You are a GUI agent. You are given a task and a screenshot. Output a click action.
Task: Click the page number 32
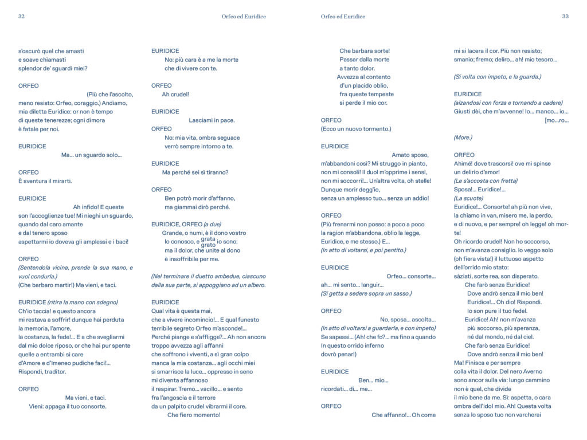tap(21, 17)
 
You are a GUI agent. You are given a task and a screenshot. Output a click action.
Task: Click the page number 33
tap(565, 17)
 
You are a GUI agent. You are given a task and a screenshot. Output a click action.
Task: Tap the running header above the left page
tap(244, 17)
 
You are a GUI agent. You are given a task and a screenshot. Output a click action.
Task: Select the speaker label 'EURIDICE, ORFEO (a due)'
tap(186, 224)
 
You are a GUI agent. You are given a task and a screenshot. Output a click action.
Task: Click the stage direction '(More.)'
tap(463, 137)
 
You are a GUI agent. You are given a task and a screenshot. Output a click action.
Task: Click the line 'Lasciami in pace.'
tap(212, 120)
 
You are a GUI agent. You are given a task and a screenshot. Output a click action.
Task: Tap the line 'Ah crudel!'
tap(175, 95)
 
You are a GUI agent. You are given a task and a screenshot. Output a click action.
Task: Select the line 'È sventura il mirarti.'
tap(45, 181)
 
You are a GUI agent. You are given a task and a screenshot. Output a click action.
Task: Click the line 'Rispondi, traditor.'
tap(42, 372)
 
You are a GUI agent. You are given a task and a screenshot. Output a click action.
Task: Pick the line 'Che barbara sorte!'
tap(365, 51)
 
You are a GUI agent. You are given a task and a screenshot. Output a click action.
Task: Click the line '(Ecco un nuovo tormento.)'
tap(356, 129)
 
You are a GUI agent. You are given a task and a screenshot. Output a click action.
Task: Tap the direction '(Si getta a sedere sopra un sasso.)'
tap(366, 293)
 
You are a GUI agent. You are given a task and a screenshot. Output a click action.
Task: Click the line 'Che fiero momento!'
tap(194, 415)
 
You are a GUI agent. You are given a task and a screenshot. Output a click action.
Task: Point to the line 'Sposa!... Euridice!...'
tap(480, 190)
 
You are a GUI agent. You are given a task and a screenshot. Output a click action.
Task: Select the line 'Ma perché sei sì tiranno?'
tap(195, 172)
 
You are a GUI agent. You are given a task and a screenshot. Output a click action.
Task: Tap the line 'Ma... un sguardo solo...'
tap(92, 155)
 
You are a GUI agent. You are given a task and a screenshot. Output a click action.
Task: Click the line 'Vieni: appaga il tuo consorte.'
tap(68, 406)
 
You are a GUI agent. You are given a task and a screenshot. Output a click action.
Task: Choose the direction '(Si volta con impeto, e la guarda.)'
tap(497, 77)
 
